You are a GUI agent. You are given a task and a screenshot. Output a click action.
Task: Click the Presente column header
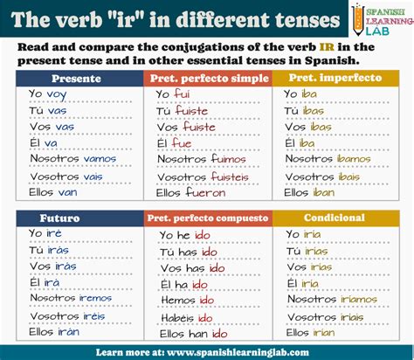click(77, 78)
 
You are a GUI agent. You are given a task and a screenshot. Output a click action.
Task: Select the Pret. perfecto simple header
click(207, 78)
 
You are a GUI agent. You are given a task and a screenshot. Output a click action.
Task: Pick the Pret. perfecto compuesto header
click(207, 217)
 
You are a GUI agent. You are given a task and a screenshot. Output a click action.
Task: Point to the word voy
click(56, 93)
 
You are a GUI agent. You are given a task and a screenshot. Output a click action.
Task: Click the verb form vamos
click(99, 158)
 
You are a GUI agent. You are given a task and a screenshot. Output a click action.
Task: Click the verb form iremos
click(94, 298)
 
